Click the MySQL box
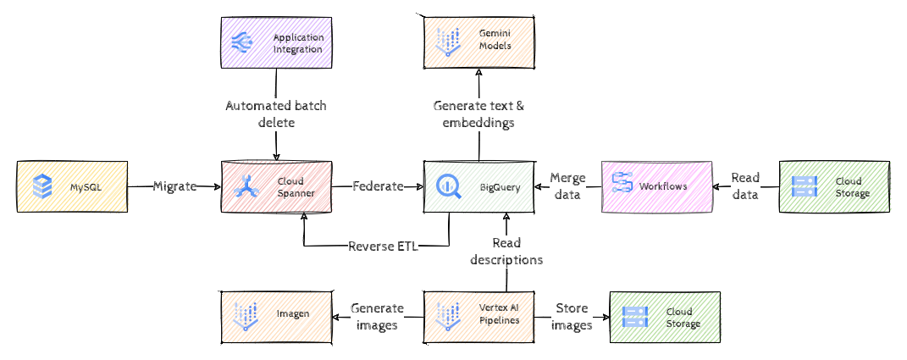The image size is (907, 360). (72, 186)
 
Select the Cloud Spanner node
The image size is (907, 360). (275, 186)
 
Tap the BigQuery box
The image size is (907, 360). (478, 186)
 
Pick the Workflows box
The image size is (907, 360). (656, 186)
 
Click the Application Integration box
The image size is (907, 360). (275, 43)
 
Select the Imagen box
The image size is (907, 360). (275, 314)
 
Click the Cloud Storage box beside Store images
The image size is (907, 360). (665, 317)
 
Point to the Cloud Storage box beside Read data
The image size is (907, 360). (834, 186)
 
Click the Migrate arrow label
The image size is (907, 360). (174, 186)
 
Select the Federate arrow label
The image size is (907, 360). (378, 186)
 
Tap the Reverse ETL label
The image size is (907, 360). (383, 246)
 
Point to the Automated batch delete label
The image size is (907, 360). (276, 114)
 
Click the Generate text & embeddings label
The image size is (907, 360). (478, 114)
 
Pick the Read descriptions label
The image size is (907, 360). (506, 252)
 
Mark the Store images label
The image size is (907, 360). (572, 317)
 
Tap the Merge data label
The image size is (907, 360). (567, 186)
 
